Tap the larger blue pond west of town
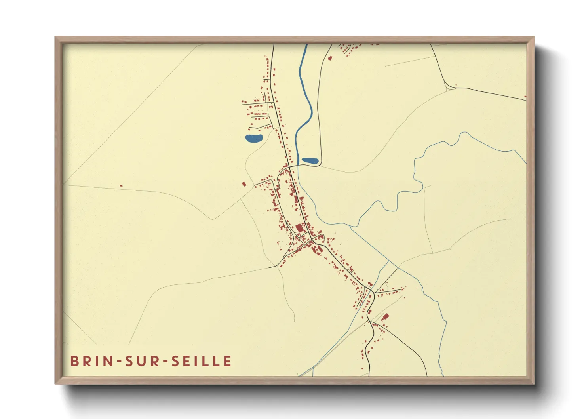tap(254, 138)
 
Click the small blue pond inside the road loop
tap(310, 161)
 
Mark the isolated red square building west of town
tap(244, 184)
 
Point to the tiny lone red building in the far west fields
tap(121, 186)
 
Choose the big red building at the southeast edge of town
tap(385, 316)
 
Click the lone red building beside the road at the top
tap(330, 58)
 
